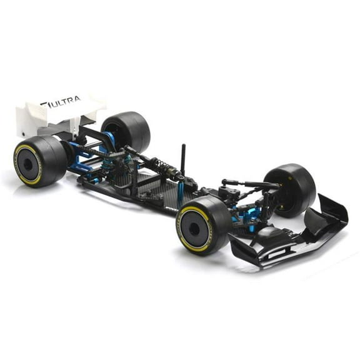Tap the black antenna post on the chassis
pyautogui.click(x=183, y=159)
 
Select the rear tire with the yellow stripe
pyautogui.click(x=39, y=161)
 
